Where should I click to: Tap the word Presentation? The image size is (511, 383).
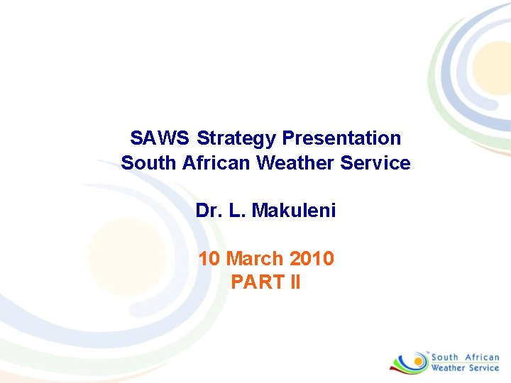click(x=342, y=138)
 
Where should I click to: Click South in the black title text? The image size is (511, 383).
click(x=149, y=163)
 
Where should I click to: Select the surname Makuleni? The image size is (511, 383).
click(x=294, y=211)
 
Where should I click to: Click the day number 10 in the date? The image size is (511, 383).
click(x=209, y=258)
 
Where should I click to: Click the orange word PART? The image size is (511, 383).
click(x=256, y=282)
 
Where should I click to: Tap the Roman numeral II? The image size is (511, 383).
click(x=295, y=282)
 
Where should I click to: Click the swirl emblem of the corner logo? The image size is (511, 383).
click(x=408, y=362)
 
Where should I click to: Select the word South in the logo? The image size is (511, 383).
click(x=445, y=357)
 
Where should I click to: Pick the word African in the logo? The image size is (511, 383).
click(x=483, y=357)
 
